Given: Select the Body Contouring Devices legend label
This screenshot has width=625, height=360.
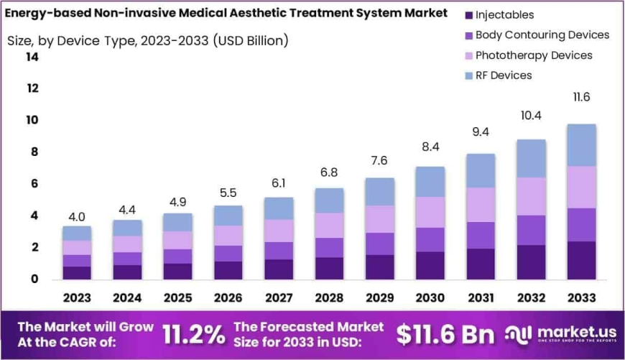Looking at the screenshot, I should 542,35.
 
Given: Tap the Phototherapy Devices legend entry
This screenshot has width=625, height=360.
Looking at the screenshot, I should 533,55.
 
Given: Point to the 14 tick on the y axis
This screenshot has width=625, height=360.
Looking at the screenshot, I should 32,57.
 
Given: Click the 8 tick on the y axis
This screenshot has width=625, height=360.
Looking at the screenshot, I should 33,152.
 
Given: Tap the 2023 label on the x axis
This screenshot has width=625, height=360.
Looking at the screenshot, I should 77,297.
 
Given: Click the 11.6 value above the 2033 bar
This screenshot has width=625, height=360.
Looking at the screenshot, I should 581,97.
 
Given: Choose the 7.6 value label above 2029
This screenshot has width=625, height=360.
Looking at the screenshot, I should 379,160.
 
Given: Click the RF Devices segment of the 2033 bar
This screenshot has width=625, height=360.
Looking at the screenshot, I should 581,145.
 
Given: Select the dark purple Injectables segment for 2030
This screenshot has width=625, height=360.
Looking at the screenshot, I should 430,265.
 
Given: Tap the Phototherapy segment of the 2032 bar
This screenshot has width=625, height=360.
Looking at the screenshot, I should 531,196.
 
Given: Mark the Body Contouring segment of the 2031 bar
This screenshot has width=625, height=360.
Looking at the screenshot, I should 481,235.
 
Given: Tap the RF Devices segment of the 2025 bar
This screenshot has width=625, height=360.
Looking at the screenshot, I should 177,222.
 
